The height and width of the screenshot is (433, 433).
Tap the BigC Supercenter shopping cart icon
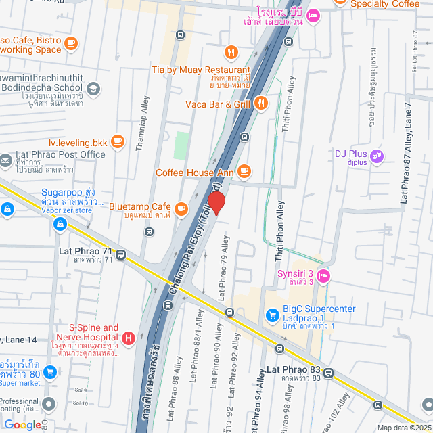[x=272, y=315]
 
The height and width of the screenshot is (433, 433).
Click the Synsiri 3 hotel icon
[x=323, y=275]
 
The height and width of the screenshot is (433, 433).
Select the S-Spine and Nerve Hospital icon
[x=129, y=336]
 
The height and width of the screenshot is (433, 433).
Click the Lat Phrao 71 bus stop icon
[x=120, y=255]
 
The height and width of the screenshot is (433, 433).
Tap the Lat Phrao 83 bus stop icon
[x=329, y=373]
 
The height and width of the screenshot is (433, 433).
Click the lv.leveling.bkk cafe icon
[x=118, y=141]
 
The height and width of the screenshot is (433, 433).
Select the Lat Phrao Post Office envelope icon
[x=5, y=160]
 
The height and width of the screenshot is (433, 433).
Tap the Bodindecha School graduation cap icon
[x=93, y=88]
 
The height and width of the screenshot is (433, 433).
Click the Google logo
[x=22, y=424]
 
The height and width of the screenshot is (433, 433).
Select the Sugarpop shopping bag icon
[x=7, y=210]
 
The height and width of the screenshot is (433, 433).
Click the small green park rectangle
[x=182, y=145]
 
